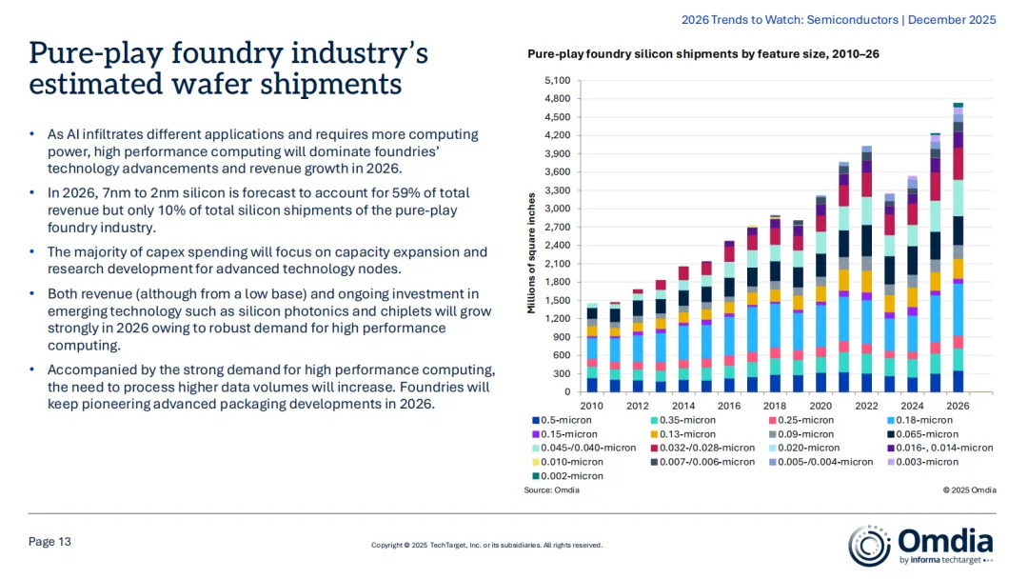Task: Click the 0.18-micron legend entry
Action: [x=920, y=420]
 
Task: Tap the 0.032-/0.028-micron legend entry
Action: [x=708, y=448]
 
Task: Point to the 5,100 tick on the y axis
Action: [x=556, y=81]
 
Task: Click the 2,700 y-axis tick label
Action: [x=556, y=228]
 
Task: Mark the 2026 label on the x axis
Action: [x=958, y=405]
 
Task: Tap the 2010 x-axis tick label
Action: [x=592, y=405]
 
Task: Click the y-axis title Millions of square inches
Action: [x=532, y=253]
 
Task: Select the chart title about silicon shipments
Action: [x=703, y=54]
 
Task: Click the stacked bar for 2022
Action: [x=866, y=269]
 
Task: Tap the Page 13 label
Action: [x=50, y=542]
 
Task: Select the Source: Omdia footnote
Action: [x=551, y=490]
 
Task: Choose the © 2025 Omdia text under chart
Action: [x=969, y=490]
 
